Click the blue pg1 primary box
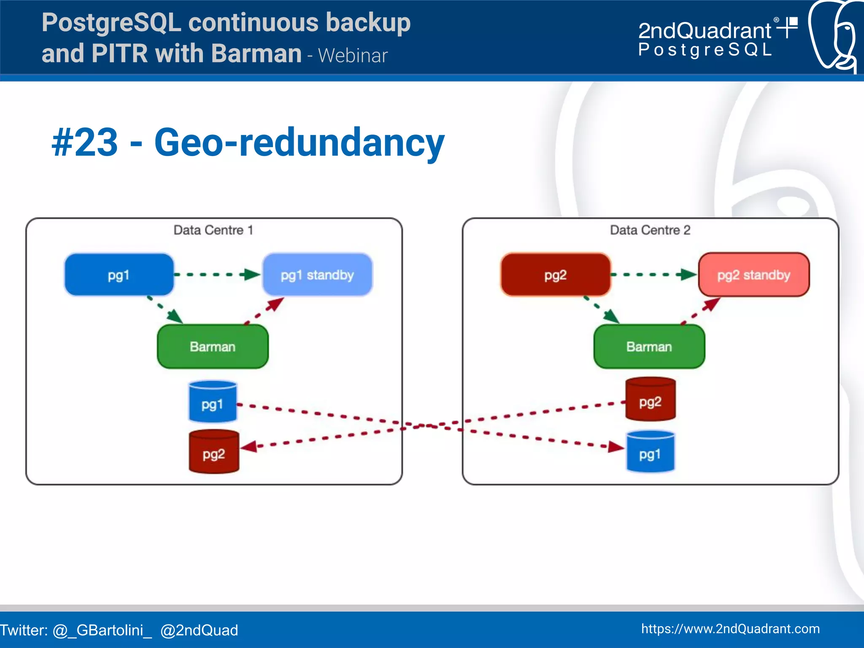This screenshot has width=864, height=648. (x=119, y=275)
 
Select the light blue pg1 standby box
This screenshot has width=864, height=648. (x=317, y=275)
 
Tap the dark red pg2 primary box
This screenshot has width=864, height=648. (x=555, y=275)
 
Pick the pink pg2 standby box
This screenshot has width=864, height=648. (x=753, y=275)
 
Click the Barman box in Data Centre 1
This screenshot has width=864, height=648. (x=213, y=347)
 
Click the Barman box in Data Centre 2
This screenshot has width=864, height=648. (x=649, y=347)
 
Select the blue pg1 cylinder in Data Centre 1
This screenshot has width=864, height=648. (x=212, y=402)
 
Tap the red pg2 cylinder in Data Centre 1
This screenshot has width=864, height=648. (x=213, y=452)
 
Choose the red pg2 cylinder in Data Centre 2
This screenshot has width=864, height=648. (x=650, y=400)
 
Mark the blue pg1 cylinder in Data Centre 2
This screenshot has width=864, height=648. (x=650, y=452)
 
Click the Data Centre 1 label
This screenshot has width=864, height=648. (x=213, y=230)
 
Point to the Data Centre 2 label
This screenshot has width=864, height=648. (x=650, y=230)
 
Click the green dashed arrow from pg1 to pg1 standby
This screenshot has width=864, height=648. (x=217, y=275)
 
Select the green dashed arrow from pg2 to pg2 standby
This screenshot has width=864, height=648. (x=654, y=275)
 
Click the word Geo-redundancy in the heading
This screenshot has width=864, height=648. (x=299, y=143)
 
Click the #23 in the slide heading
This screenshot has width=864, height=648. (x=85, y=143)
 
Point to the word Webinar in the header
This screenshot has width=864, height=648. (x=353, y=56)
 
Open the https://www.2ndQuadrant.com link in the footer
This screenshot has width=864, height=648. (x=730, y=629)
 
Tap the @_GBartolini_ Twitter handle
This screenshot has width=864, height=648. (x=102, y=630)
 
